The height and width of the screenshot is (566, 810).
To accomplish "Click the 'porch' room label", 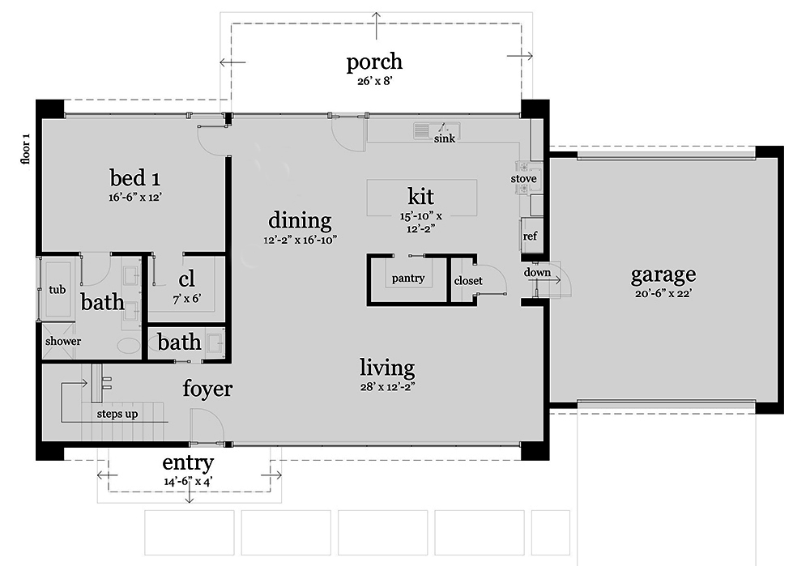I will click(374, 62).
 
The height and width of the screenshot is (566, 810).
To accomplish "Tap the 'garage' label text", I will click(663, 275).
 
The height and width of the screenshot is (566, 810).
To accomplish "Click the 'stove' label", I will click(523, 178).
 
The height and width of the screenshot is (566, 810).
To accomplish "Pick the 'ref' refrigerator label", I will click(530, 236).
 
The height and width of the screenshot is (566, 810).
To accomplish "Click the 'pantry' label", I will click(408, 279).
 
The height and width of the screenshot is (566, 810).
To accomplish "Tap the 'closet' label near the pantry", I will click(468, 281).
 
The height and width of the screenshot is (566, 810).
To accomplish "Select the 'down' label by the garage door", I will click(537, 272).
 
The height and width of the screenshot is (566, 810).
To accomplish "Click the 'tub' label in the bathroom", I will click(57, 290).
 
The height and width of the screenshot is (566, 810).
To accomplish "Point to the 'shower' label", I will click(63, 341).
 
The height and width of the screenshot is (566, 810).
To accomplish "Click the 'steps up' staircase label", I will click(117, 414).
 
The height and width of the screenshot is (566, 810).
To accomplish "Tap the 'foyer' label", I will click(207, 389).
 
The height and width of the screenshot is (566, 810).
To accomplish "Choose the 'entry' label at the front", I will click(188, 463).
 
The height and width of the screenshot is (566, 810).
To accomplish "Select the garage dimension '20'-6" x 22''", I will click(663, 293).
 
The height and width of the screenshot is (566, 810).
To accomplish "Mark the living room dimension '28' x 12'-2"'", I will click(387, 386).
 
